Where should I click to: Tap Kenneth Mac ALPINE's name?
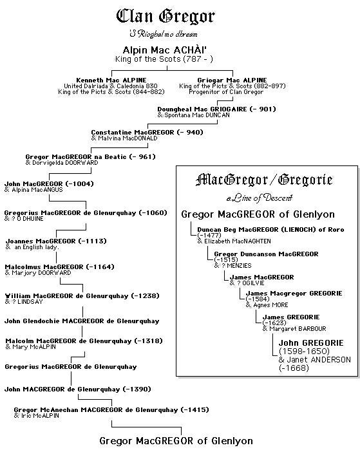click(112, 80)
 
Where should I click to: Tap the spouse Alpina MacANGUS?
click(35, 190)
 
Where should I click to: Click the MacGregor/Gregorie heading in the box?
click(267, 180)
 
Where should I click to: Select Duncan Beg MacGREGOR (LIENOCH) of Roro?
click(271, 229)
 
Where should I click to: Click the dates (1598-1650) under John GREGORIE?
click(304, 351)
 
